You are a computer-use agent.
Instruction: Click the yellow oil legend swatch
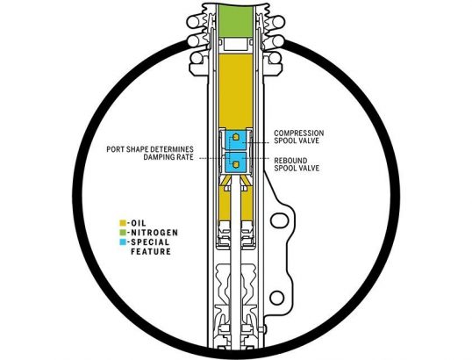pos(123,223)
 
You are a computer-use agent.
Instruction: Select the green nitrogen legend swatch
pos(123,233)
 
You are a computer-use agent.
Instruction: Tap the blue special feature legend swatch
pos(123,242)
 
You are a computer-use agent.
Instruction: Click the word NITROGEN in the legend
pos(154,233)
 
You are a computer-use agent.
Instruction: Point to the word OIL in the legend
pos(139,223)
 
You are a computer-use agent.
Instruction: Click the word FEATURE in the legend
pos(151,251)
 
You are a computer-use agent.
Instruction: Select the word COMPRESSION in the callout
pos(299,133)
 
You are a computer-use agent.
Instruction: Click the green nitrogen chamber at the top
pos(236,20)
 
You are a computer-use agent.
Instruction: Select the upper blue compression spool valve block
pos(236,140)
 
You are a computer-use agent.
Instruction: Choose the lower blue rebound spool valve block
pos(236,162)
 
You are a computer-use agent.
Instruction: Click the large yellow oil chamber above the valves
pos(236,90)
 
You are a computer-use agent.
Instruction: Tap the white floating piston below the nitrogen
pos(236,44)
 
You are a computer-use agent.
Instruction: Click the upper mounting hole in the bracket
pos(277,220)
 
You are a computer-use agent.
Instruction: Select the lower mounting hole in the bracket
pos(276,298)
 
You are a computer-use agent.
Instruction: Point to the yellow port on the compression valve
pos(236,137)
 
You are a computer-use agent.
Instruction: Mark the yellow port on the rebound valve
pos(236,164)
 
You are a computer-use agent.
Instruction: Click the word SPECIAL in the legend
pos(150,242)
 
